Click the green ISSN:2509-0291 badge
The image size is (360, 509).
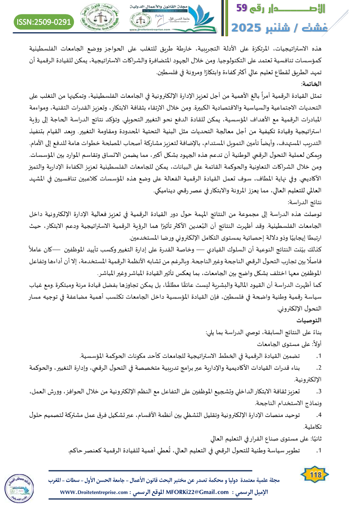pos(44,21)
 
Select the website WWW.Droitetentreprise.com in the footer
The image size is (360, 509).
pos(93,492)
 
